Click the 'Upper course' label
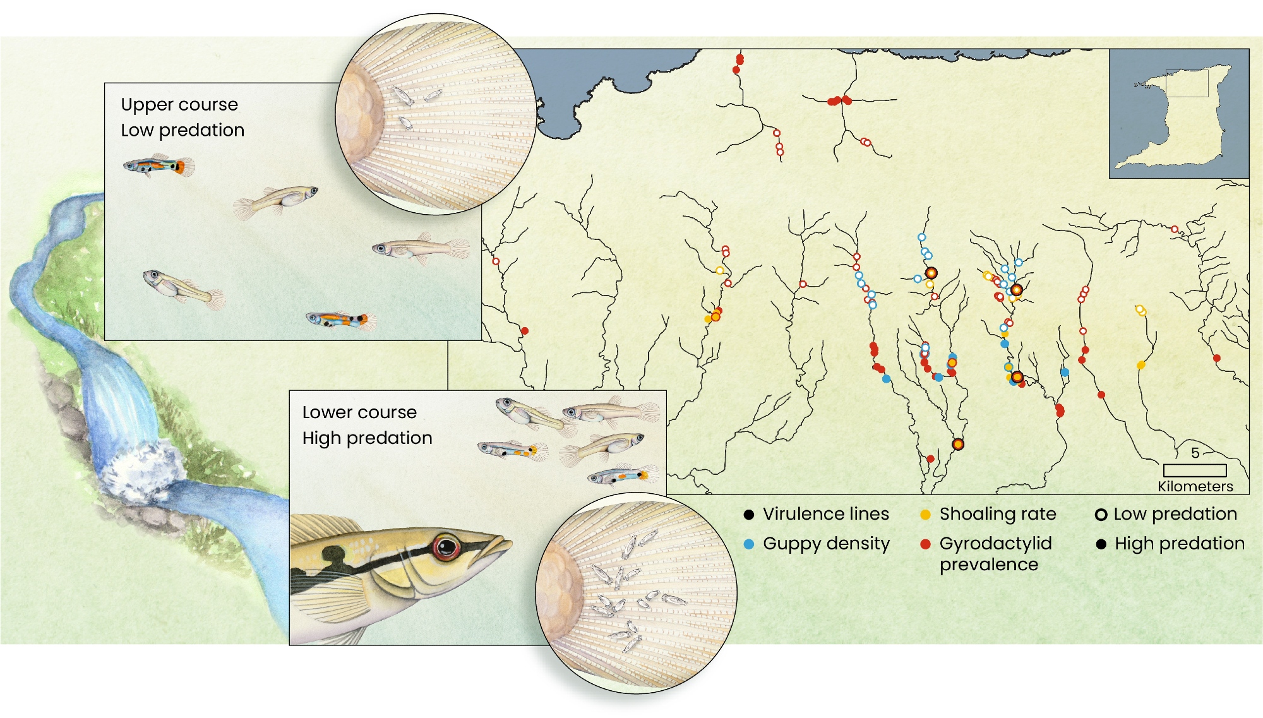tap(179, 104)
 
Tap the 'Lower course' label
tap(359, 412)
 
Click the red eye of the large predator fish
tap(447, 547)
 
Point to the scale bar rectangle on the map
tap(1194, 470)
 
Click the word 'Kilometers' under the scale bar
tap(1195, 486)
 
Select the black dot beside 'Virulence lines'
tap(749, 515)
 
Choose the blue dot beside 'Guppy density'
tap(749, 544)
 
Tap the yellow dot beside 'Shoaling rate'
tap(925, 515)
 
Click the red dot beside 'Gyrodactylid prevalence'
tap(925, 544)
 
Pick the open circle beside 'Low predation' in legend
tap(1101, 515)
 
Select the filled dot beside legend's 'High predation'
tap(1101, 544)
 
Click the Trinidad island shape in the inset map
tap(1187, 133)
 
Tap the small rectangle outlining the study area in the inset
tap(1187, 83)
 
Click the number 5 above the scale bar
tap(1195, 453)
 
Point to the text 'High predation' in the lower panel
tap(367, 438)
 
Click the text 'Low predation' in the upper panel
tap(183, 130)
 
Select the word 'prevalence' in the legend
tap(988, 565)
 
